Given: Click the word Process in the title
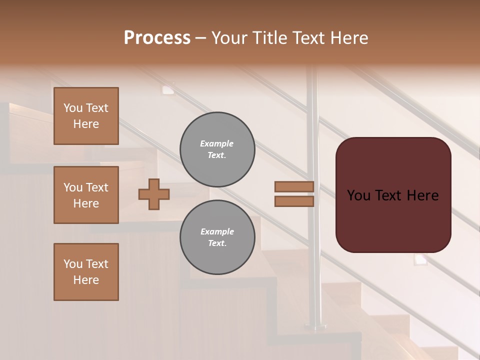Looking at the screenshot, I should [x=157, y=38].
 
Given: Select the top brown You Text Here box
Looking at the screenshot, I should [x=86, y=116].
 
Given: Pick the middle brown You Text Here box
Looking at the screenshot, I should [x=86, y=195].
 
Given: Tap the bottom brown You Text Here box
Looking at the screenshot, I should [x=86, y=272].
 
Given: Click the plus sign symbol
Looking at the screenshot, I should [x=153, y=194].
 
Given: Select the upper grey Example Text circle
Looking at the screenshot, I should [x=217, y=149].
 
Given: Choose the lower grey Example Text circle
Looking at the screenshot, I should [x=217, y=237].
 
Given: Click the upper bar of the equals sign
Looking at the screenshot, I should [x=294, y=187].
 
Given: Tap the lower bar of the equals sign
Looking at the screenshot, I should [x=294, y=201].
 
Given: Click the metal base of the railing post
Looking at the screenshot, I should [x=315, y=327].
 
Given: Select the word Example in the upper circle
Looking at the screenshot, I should [x=217, y=143].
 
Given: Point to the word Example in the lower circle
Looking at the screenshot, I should [x=217, y=231].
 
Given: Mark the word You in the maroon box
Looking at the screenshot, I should [x=359, y=195].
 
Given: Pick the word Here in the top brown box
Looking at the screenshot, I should [x=86, y=124].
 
